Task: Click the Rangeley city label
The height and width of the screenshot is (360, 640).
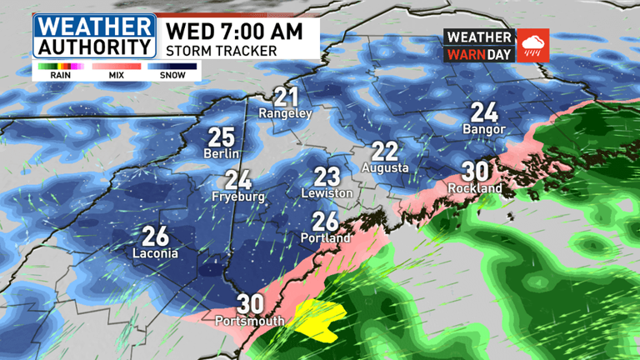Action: point(285,112)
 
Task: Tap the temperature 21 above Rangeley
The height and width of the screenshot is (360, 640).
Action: point(286,96)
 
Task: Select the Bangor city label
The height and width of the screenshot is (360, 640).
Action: point(483,129)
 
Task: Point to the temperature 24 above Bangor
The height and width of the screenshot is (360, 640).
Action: point(484,112)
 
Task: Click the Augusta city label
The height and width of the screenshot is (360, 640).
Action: point(385,167)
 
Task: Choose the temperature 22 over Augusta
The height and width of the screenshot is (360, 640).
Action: point(384,151)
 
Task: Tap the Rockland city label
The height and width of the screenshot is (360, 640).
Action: point(475,188)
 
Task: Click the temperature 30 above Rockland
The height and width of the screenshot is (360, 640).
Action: point(475,172)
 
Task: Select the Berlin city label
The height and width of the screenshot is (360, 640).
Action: point(221,154)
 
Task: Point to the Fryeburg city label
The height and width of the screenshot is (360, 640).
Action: point(239,197)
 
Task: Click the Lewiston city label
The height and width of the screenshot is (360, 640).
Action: point(327,193)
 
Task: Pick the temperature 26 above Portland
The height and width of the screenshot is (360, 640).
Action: point(326,221)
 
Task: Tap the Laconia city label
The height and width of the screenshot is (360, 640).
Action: point(155,252)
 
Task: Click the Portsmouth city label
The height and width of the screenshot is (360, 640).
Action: point(249,321)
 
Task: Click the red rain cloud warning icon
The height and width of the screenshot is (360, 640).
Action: point(533,45)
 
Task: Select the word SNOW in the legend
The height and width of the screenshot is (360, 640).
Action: point(172,75)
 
